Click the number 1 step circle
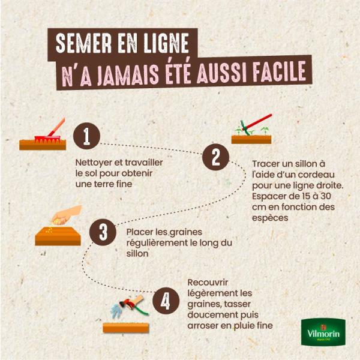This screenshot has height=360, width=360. tap(86, 136)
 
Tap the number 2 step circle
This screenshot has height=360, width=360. tap(215, 157)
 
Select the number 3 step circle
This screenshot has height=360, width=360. tap(103, 232)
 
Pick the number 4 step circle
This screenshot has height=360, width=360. tap(166, 301)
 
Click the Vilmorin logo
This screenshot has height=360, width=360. tap(323, 332)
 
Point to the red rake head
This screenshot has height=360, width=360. tap(47, 139)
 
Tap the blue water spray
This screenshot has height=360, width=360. tap(118, 310)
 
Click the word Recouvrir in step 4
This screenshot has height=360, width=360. tap(208, 283)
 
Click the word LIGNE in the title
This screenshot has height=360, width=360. tap(166, 43)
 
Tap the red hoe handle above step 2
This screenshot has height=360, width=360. tap(257, 122)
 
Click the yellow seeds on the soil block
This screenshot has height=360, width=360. tap(49, 230)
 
